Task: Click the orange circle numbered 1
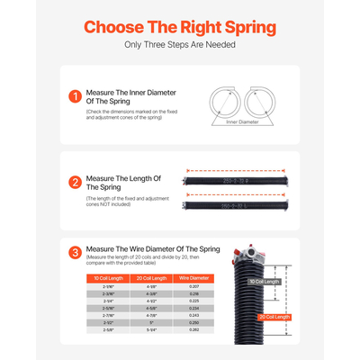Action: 75,96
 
